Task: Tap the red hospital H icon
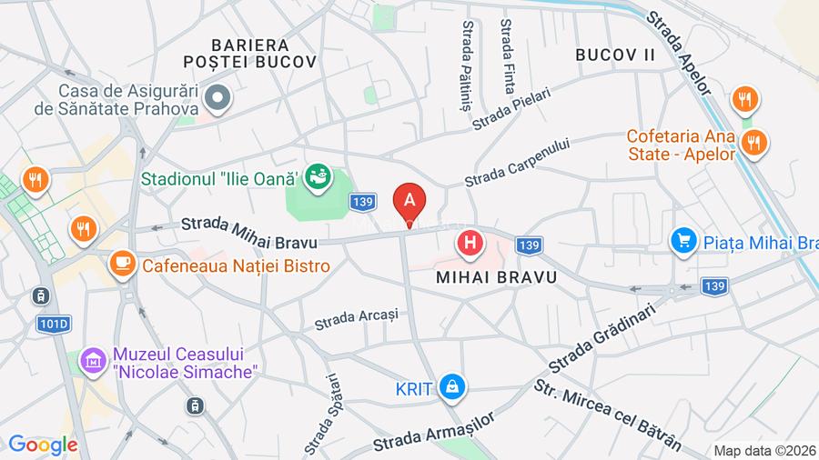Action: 470,243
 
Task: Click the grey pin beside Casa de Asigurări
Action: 218,95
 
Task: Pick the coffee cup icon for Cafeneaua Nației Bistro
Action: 120,265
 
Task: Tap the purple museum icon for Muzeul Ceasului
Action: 92,362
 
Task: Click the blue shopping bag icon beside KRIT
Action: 451,388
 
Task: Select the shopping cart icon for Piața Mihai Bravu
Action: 682,241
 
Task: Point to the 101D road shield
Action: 54,324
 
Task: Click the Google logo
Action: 42,445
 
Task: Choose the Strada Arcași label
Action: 357,319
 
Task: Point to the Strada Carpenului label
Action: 518,163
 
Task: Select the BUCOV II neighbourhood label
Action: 615,55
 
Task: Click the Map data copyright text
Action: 764,450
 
